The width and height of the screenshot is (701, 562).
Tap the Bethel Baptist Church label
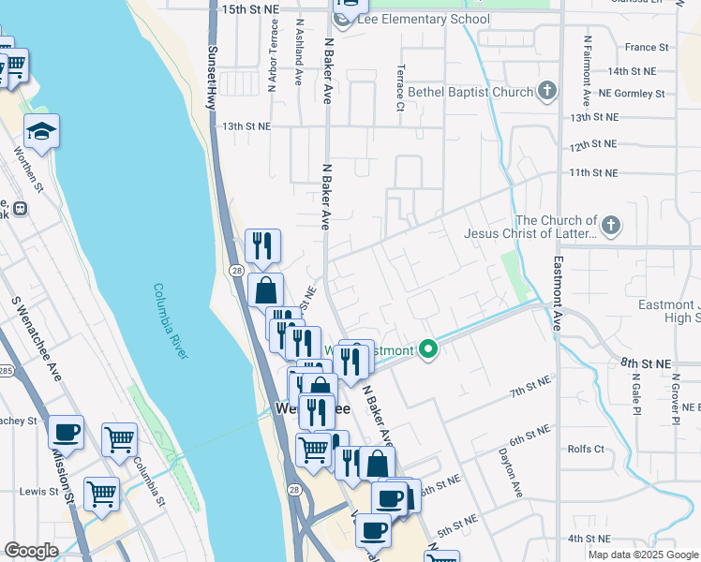pyautogui.click(x=470, y=92)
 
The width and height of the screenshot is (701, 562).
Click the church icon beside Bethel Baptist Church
pyautogui.click(x=547, y=91)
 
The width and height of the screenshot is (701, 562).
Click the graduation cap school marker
pyautogui.click(x=41, y=132)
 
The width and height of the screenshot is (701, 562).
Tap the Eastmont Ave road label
pyautogui.click(x=558, y=293)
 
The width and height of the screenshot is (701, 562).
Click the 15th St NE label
pyautogui.click(x=250, y=8)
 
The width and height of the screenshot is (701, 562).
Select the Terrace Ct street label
pyautogui.click(x=400, y=87)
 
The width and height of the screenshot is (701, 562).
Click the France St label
pyautogui.click(x=647, y=47)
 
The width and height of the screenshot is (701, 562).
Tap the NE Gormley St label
pyautogui.click(x=633, y=94)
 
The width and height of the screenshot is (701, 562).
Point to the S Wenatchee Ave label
pyautogui.click(x=35, y=338)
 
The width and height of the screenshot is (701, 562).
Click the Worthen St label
pyautogui.click(x=31, y=169)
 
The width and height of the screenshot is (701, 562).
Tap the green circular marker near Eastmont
pyautogui.click(x=429, y=351)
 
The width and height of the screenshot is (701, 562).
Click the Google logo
pyautogui.click(x=31, y=551)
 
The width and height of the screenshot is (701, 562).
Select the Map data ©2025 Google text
pyautogui.click(x=643, y=555)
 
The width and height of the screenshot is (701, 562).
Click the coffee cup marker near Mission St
pyautogui.click(x=66, y=433)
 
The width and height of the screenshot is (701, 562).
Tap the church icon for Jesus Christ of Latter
pyautogui.click(x=610, y=225)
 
